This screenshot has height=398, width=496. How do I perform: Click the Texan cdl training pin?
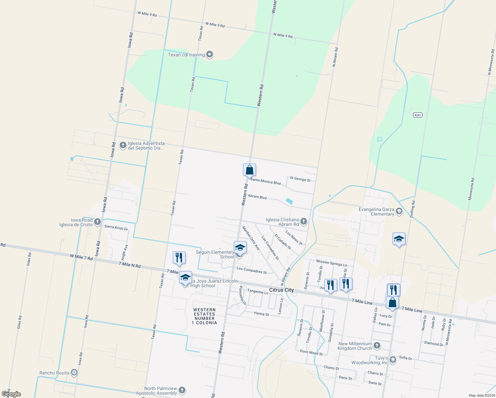209,54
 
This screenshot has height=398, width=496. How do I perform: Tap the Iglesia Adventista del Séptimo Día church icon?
123,145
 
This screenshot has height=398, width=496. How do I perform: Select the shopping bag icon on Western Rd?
249,170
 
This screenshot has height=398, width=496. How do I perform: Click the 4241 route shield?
417,115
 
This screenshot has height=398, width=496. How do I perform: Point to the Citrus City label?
281,290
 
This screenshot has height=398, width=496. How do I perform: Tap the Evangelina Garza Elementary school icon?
399,211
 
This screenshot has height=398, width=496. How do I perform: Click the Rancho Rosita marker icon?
75,372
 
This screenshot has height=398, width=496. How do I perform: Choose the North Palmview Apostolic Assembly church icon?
182,390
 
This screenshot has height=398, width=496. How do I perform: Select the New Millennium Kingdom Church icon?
377,345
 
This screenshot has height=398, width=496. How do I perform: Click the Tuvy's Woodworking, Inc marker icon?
393,360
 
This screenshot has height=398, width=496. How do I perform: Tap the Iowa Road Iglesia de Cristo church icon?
97,222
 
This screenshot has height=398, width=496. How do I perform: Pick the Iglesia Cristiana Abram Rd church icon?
303,221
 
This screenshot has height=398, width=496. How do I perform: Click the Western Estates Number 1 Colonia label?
205,316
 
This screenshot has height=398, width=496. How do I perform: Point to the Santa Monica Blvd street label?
266,181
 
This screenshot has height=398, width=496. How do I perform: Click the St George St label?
300,179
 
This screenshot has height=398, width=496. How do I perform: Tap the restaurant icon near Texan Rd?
179,257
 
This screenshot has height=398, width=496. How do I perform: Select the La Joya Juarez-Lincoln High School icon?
185,278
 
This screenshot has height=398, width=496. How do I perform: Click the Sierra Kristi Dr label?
116,228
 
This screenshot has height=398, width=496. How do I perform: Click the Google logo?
11,394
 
